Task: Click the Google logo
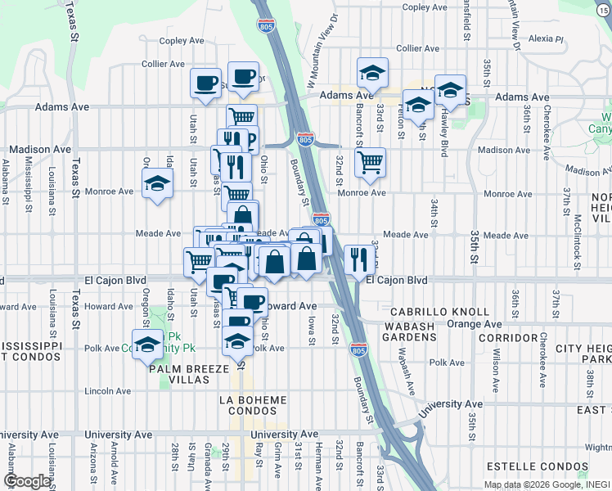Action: point(27,481)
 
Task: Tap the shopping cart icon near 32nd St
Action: point(370,160)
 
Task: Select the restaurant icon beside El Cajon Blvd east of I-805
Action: point(358,259)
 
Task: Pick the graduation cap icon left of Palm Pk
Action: point(148,344)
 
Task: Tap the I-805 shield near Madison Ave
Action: point(305,139)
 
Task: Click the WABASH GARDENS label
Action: point(407,329)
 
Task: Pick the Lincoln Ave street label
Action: point(101,391)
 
